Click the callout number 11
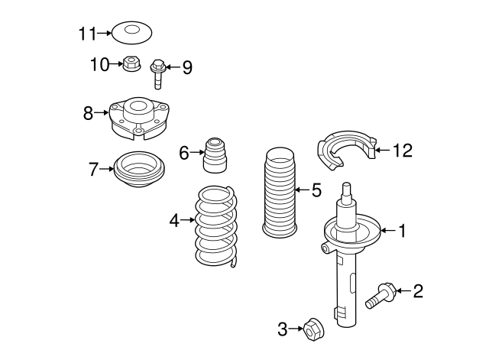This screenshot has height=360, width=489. [x=88, y=34]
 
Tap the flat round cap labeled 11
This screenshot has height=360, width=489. [x=131, y=33]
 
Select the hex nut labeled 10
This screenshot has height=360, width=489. [x=131, y=66]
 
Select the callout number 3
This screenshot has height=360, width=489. [x=282, y=329]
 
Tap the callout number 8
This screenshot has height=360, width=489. [x=89, y=114]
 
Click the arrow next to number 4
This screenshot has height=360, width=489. [x=187, y=221]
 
